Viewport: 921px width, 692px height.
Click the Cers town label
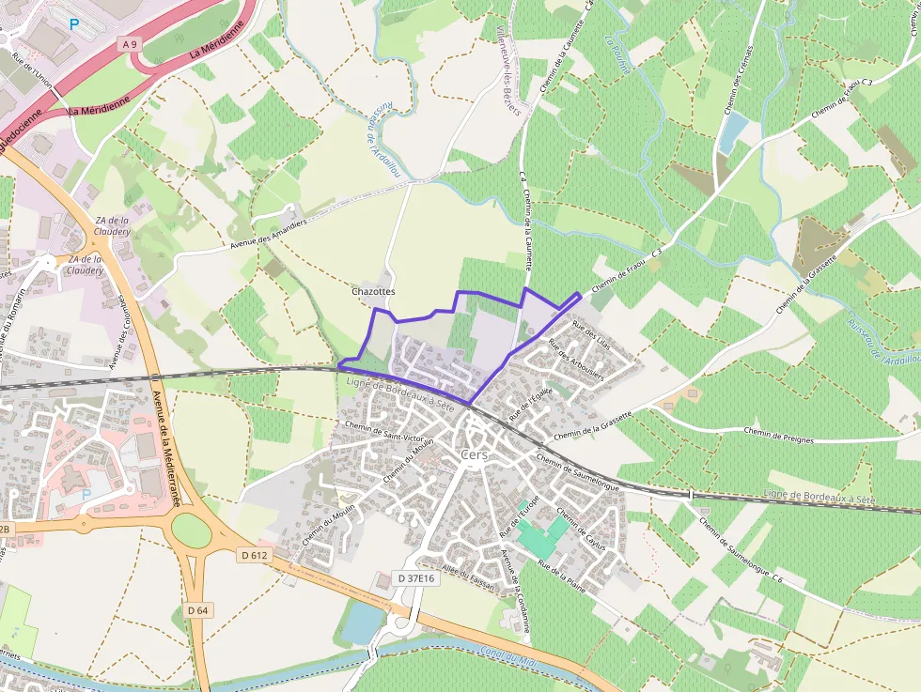click(x=476, y=454)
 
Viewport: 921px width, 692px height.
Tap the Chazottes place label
click(x=373, y=292)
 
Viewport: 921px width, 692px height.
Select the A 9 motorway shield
click(x=130, y=42)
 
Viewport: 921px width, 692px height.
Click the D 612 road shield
click(x=254, y=556)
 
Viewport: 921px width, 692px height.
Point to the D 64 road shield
click(x=197, y=610)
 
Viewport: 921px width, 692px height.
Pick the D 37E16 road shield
click(x=414, y=578)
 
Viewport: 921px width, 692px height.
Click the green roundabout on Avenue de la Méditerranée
click(x=192, y=531)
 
